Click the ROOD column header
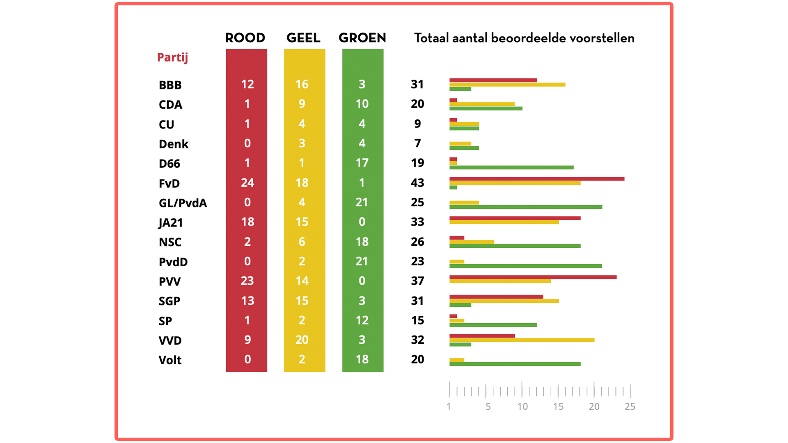pyautogui.click(x=245, y=38)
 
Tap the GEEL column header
pyautogui.click(x=303, y=38)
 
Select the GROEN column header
pyautogui.click(x=362, y=38)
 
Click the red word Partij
pyautogui.click(x=172, y=57)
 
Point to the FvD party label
pyautogui.click(x=169, y=183)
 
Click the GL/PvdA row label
pyautogui.click(x=183, y=203)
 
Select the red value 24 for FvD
pyautogui.click(x=247, y=183)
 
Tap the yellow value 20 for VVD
pyautogui.click(x=302, y=340)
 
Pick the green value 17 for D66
pyautogui.click(x=362, y=163)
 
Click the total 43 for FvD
pyautogui.click(x=417, y=183)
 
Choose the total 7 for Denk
pyautogui.click(x=417, y=143)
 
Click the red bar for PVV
pyautogui.click(x=533, y=277)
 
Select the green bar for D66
pyautogui.click(x=511, y=167)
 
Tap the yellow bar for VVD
pyautogui.click(x=522, y=340)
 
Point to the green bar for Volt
pyautogui.click(x=515, y=364)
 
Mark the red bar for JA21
pyautogui.click(x=515, y=218)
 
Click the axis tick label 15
pyautogui.click(x=558, y=406)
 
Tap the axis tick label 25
pyautogui.click(x=630, y=406)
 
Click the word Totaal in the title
pyautogui.click(x=431, y=38)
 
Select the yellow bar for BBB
pyautogui.click(x=507, y=84)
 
